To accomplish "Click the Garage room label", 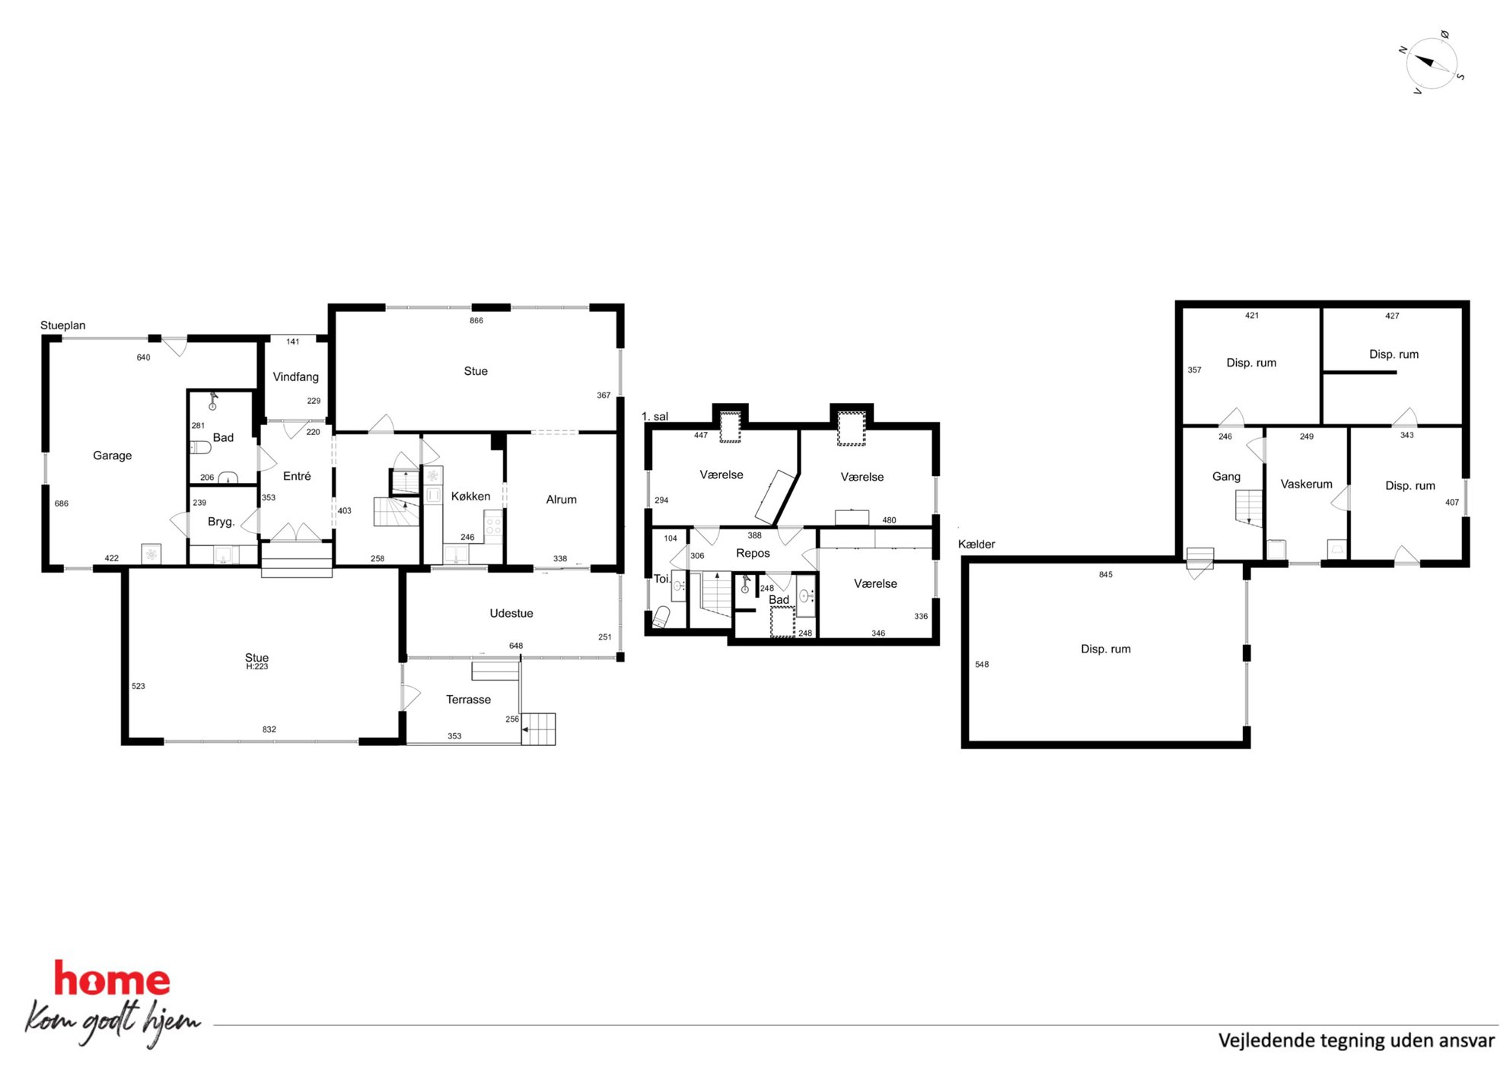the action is click(x=112, y=456).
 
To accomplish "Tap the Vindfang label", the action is click(x=295, y=377).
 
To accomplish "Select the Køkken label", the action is click(x=470, y=497).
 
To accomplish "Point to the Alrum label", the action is click(x=561, y=500).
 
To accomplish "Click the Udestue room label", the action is click(x=511, y=614).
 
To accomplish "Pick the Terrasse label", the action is click(x=468, y=700).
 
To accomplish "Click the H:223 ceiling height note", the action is click(x=257, y=667).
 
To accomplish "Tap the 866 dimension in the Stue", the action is click(x=476, y=321).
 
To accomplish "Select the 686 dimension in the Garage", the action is click(x=62, y=503).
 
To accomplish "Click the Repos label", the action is click(x=753, y=554).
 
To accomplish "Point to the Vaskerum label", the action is click(x=1306, y=484).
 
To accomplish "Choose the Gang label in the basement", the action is click(x=1226, y=477).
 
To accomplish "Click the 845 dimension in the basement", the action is click(x=1106, y=575).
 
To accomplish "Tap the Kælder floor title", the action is click(x=976, y=545).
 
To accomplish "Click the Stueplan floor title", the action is click(x=63, y=325).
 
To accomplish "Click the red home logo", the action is click(x=112, y=980).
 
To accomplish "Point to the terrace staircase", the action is click(x=538, y=729).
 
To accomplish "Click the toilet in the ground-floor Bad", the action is click(x=200, y=447).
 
